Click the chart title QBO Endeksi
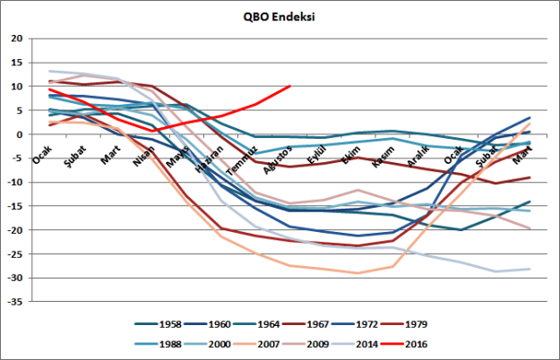click(x=280, y=16)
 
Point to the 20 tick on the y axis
click(x=17, y=39)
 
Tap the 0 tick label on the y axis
click(x=20, y=134)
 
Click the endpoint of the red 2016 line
click(x=289, y=87)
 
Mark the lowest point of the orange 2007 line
click(x=358, y=273)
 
